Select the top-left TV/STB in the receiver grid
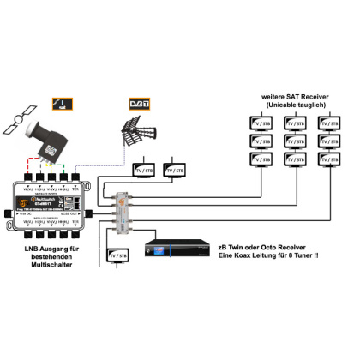260,123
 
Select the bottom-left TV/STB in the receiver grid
260,159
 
